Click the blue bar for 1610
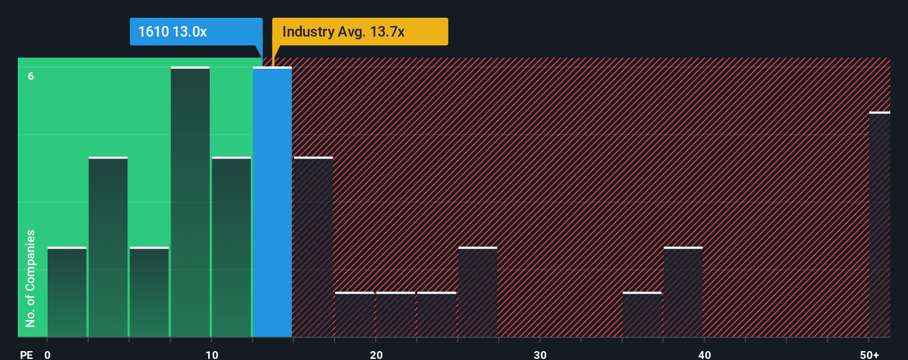coord(272,202)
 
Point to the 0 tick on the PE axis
coord(48,354)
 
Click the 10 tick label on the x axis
coord(211,354)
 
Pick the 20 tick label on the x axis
coord(376,354)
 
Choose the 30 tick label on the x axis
coord(540,354)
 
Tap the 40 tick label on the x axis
coord(704,354)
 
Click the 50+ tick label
coord(869,354)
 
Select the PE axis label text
coord(26,354)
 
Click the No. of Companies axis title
coord(30,278)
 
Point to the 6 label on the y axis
coord(31,76)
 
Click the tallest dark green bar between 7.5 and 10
coord(190,202)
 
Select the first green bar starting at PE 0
coord(67,292)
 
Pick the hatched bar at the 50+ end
coord(879,224)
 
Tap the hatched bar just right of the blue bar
coord(313,247)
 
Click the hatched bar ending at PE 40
coord(683,292)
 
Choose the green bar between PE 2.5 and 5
coord(108,247)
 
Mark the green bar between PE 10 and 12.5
coord(231,247)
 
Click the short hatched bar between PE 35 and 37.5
coord(642,315)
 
